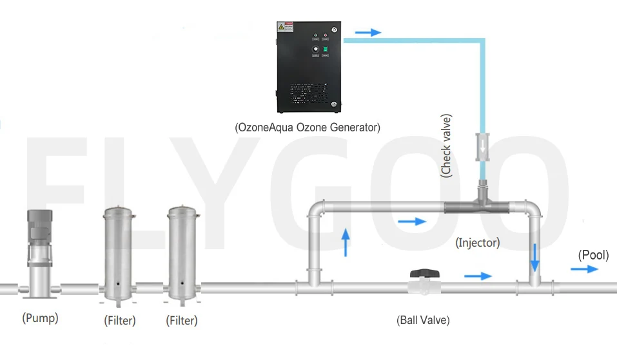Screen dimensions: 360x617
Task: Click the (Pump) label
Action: (x=40, y=317)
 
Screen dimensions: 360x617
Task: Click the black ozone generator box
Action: (x=307, y=68)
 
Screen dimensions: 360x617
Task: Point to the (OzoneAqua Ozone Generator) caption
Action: (x=308, y=128)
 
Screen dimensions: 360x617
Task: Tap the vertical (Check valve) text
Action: (x=446, y=146)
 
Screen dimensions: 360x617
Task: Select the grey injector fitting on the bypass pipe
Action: (x=482, y=207)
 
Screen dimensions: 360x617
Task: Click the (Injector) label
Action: (x=478, y=243)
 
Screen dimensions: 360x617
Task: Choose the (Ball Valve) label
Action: (x=423, y=319)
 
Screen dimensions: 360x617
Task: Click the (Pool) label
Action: (x=593, y=255)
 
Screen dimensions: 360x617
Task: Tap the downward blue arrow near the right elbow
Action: (x=534, y=257)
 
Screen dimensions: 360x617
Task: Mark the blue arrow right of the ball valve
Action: (x=478, y=276)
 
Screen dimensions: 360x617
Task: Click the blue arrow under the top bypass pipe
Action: (x=413, y=222)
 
